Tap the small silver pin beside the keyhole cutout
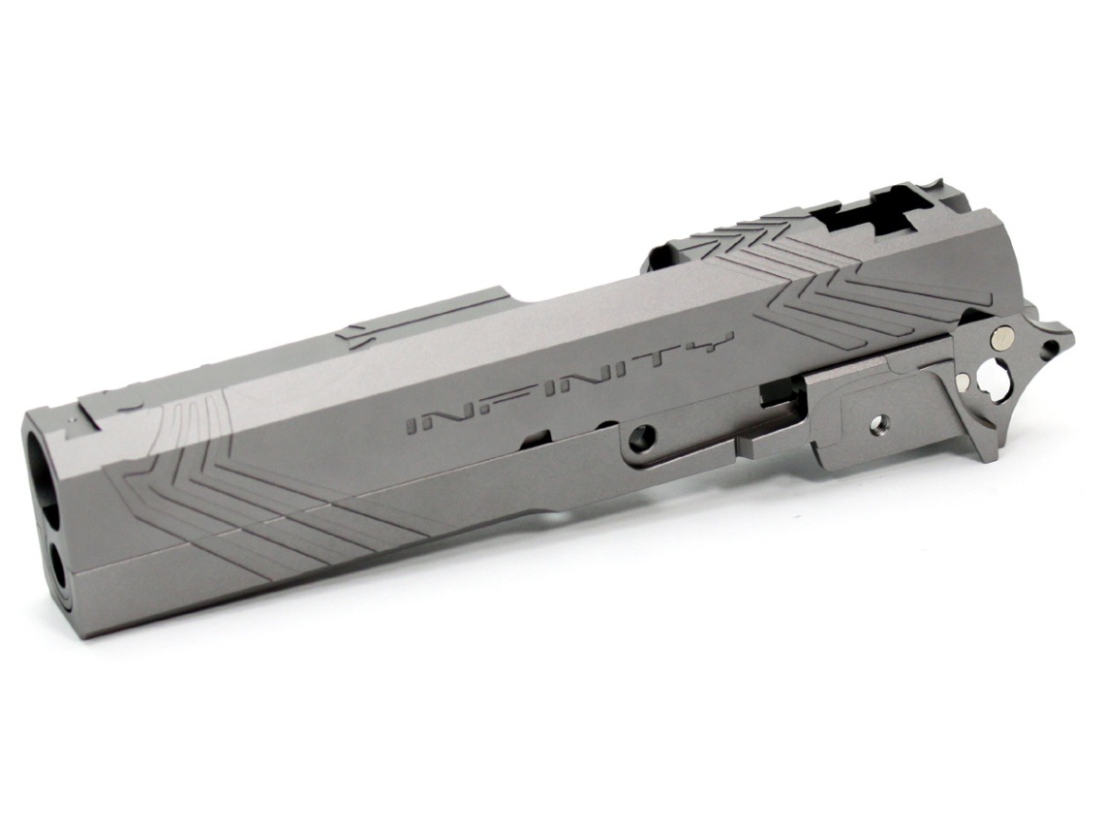coord(964,383)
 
